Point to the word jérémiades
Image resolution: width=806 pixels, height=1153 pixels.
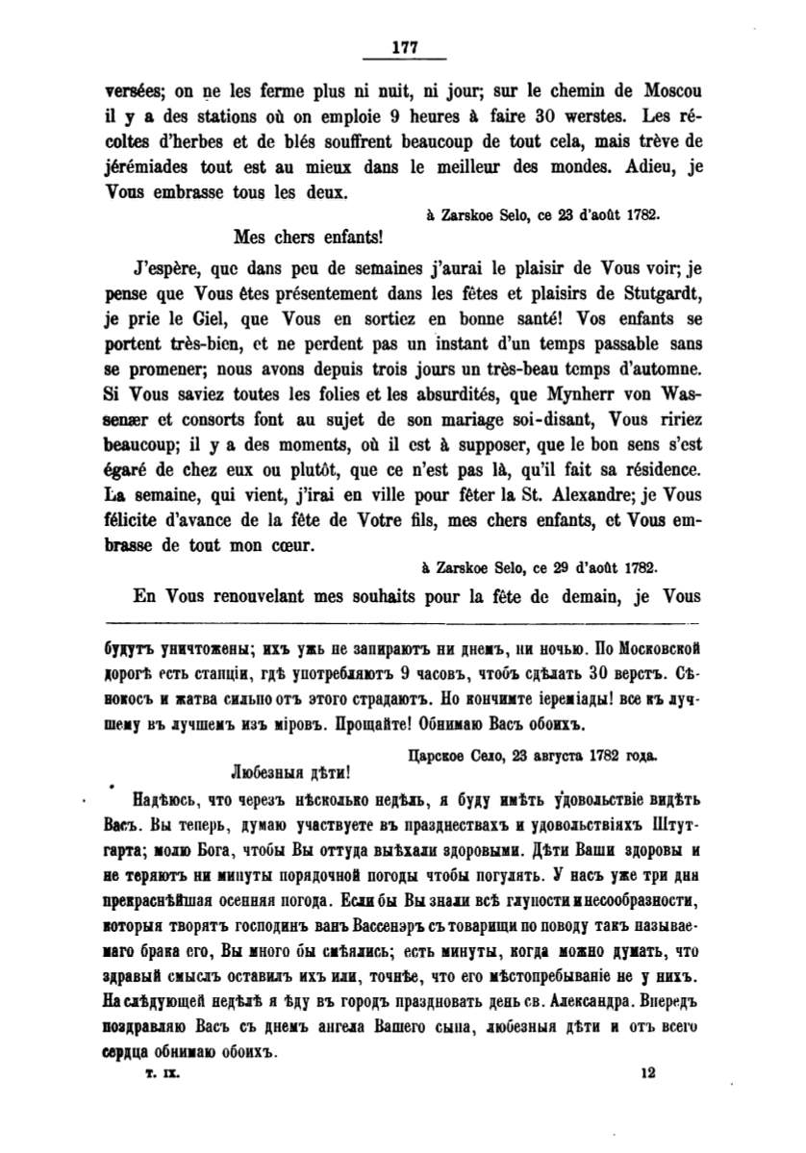coord(152,167)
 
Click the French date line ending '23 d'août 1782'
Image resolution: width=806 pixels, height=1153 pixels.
coord(542,217)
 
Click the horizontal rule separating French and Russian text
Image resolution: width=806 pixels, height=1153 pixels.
coord(403,621)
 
